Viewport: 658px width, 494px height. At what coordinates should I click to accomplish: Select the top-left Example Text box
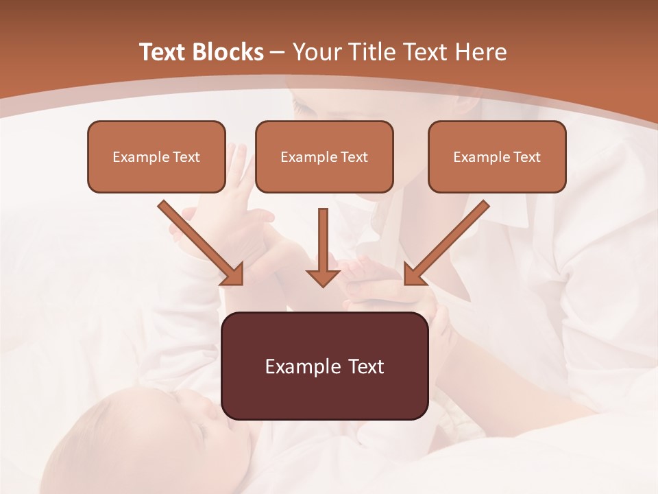[x=156, y=156]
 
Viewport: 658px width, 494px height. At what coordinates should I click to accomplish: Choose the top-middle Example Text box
[x=324, y=156]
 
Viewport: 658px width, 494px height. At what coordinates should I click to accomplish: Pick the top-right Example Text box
[x=497, y=156]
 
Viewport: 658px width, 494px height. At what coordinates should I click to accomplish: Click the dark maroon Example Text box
[x=324, y=366]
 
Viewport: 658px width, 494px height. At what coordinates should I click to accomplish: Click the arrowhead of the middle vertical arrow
[x=323, y=277]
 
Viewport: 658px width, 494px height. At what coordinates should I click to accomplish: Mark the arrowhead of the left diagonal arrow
[x=232, y=274]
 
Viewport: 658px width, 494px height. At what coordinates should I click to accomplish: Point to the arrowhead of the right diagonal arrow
[x=414, y=274]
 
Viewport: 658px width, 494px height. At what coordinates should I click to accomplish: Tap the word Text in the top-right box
[x=526, y=157]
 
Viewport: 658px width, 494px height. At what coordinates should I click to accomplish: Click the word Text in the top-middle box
[x=354, y=157]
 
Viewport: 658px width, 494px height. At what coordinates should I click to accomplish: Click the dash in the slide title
[x=278, y=53]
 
